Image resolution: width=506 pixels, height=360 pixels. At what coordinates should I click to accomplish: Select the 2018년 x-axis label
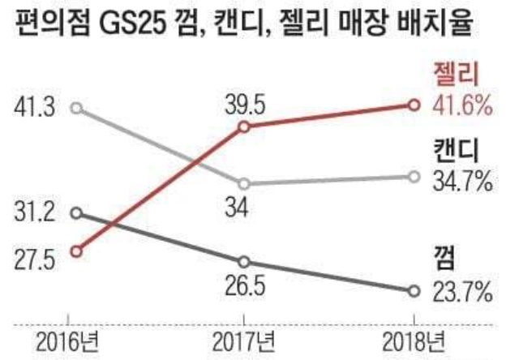coord(414,339)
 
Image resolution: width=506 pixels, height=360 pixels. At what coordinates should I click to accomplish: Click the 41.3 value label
coord(35,107)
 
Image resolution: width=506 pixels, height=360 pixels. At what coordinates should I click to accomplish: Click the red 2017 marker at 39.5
coord(242,127)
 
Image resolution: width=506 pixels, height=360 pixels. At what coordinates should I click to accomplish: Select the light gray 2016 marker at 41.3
coord(75,108)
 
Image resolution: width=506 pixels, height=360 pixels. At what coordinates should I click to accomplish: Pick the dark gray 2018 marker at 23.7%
coord(414,290)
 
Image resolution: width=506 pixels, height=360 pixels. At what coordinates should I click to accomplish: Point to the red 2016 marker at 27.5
coord(75,251)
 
